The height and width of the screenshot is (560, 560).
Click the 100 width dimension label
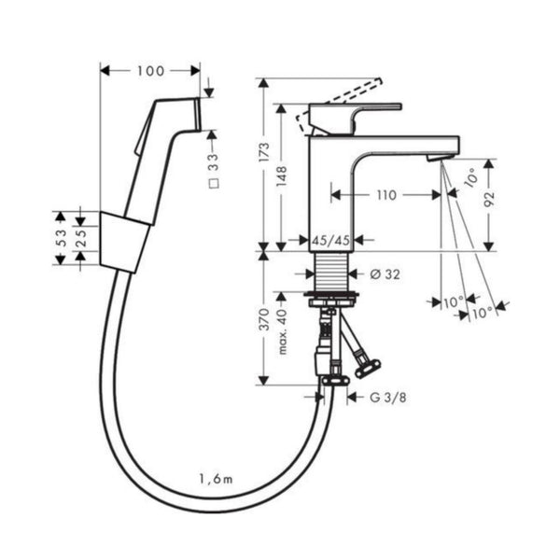150,71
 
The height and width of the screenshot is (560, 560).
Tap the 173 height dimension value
264,152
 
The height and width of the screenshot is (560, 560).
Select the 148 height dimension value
282,175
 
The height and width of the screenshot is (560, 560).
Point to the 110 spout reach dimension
387,195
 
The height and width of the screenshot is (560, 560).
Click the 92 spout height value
489,199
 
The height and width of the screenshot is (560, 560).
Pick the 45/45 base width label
330,241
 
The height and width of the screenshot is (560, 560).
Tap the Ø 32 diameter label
385,274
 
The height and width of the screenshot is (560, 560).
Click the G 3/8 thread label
388,398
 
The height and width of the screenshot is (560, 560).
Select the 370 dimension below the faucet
264,319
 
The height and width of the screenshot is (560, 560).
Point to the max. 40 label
282,331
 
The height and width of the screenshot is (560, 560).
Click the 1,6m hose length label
217,479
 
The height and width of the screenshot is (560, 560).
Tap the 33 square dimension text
213,161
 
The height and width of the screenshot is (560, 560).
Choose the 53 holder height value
61,238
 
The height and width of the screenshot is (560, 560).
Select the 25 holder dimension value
81,238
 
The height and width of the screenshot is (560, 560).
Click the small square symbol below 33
214,184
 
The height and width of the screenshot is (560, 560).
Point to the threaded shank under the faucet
331,272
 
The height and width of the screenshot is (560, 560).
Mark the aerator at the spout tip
440,158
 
